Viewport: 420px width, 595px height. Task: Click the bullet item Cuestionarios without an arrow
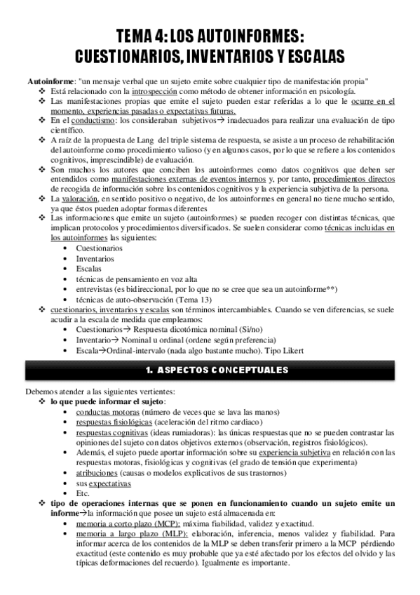(x=99, y=248)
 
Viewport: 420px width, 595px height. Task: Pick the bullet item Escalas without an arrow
(x=88, y=268)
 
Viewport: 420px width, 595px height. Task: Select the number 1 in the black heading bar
(x=149, y=370)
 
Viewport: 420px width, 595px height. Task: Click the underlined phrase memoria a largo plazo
(x=118, y=534)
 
